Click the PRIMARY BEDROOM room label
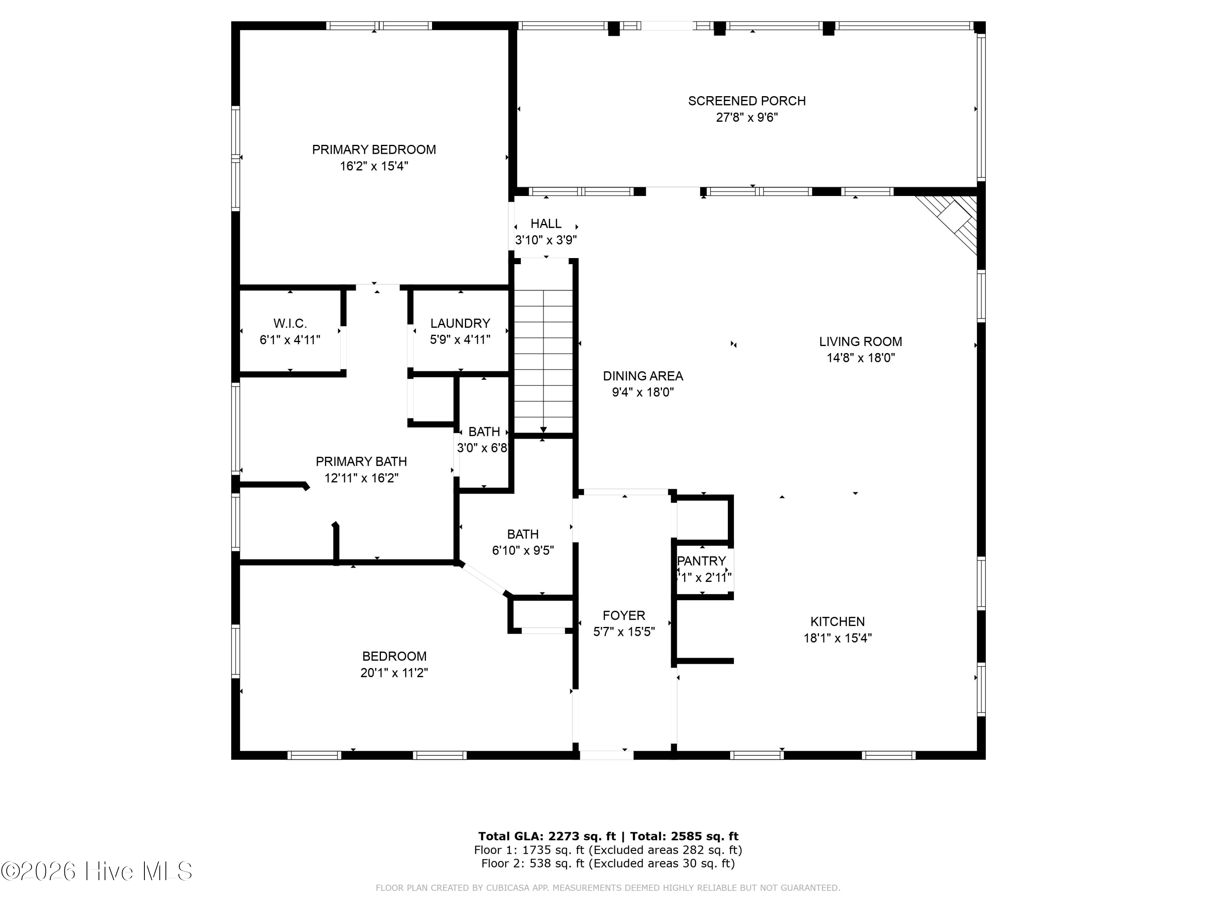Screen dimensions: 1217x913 374,150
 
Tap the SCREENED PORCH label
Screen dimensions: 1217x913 746,101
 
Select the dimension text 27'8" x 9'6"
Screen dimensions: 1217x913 746,118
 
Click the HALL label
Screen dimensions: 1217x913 546,224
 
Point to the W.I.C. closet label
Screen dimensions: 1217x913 290,323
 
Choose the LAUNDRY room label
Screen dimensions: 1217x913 460,323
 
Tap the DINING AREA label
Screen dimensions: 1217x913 643,377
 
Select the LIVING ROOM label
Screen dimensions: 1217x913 860,342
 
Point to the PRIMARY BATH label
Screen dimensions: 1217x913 361,462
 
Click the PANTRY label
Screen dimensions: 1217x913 701,561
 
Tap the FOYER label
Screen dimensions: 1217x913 624,616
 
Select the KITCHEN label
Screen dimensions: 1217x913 837,622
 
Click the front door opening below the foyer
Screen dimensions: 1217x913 606,755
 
